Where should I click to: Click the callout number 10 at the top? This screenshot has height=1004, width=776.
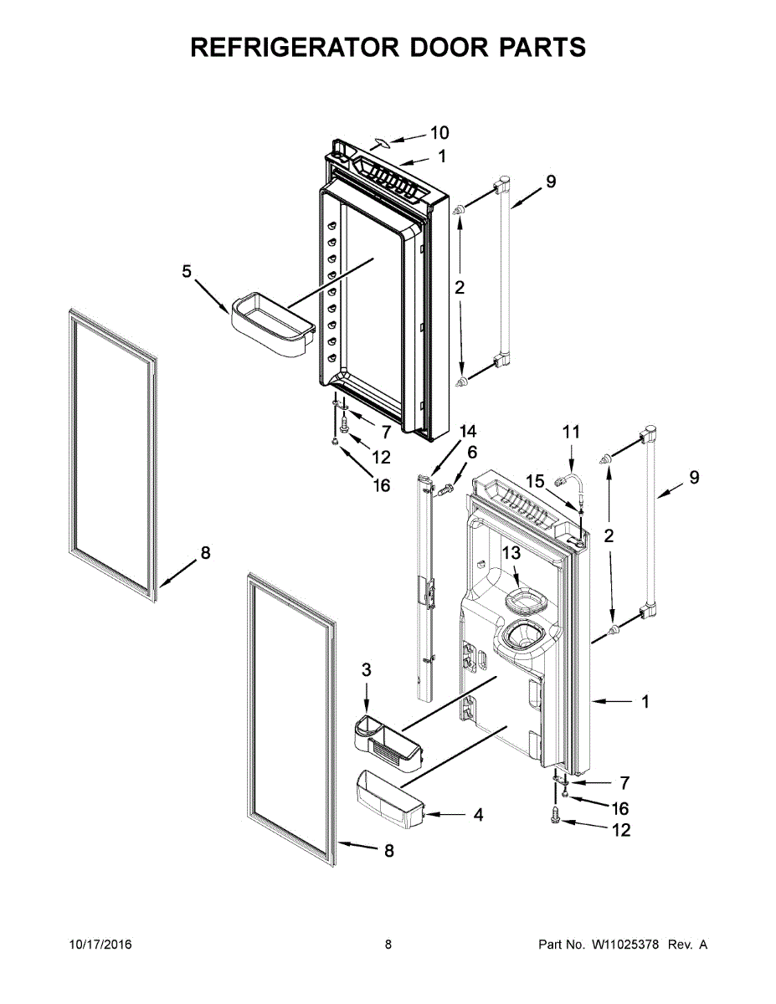[439, 132]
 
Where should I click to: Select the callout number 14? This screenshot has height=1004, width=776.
[467, 432]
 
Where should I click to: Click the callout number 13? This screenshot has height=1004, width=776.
[511, 553]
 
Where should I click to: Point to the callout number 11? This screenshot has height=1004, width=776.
[570, 432]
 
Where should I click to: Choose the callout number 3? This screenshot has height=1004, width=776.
[367, 669]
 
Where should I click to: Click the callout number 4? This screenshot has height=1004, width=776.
[478, 813]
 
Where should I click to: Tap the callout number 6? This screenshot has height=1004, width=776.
[472, 453]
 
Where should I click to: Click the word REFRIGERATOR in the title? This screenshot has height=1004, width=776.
[290, 48]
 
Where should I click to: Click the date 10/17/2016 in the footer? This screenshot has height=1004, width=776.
[100, 945]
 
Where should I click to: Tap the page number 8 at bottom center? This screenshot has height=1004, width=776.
[388, 945]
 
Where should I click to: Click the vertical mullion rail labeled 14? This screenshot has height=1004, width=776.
[427, 586]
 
